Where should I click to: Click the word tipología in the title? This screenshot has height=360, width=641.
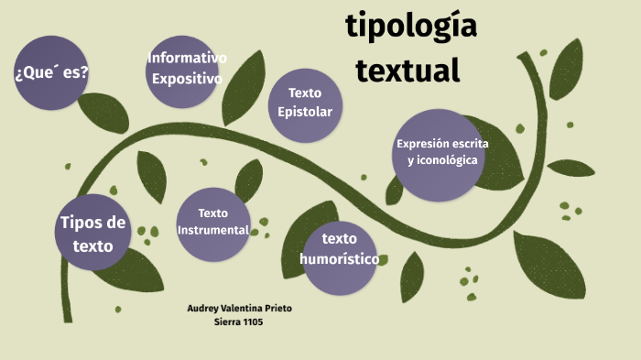tap(411, 27)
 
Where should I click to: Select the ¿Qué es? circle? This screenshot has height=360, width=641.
tap(52, 71)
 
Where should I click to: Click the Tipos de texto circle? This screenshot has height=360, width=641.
tap(92, 232)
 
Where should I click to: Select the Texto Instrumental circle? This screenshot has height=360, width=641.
tap(213, 223)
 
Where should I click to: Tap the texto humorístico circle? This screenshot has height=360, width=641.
tap(339, 258)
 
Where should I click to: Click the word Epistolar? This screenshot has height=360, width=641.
tap(305, 112)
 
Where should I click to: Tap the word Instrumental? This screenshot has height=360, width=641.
tap(213, 230)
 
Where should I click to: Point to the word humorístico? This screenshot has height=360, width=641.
tap(339, 259)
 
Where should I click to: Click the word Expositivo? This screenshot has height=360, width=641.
tap(187, 79)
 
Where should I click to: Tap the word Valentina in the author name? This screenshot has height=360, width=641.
tap(244, 309)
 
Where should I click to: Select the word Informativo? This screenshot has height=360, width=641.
tap(187, 60)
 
